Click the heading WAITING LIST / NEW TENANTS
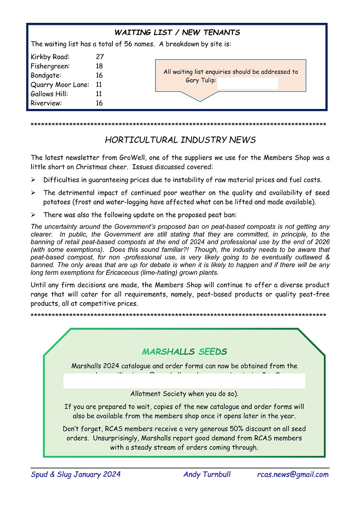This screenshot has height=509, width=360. point(177,32)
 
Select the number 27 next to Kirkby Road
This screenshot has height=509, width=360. point(100,57)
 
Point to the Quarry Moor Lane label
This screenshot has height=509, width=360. point(60,85)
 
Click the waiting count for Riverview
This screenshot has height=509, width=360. point(99,103)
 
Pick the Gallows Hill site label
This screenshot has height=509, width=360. point(49,94)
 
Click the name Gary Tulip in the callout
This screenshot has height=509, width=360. point(201,80)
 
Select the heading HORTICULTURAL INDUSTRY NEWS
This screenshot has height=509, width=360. point(180,140)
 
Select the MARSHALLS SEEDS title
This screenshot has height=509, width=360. point(184,352)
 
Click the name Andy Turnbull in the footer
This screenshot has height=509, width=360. point(207,475)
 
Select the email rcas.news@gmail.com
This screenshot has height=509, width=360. point(293,475)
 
